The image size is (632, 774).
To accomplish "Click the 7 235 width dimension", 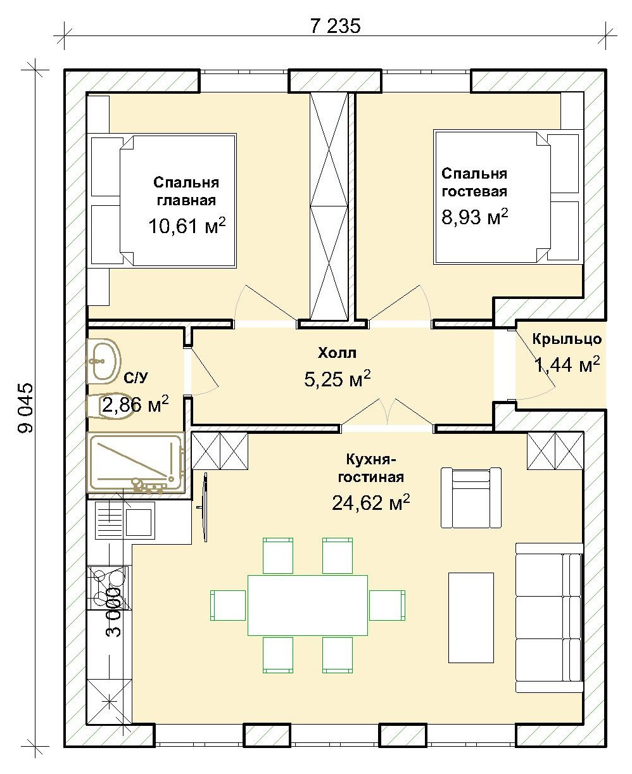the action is (x=335, y=27).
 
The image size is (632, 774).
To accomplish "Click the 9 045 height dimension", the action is (x=26, y=408).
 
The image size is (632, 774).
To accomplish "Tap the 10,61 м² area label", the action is (x=187, y=225).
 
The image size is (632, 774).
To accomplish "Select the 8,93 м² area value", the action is (x=474, y=217).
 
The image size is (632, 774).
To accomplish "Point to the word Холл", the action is (x=337, y=353).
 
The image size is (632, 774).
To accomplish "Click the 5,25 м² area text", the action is (x=338, y=378).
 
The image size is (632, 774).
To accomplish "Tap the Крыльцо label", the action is (x=567, y=339).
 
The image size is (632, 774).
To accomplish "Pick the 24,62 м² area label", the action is (x=370, y=502).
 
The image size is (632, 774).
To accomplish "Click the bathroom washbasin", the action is (x=103, y=361).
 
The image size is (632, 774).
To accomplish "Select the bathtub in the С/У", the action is (x=136, y=463).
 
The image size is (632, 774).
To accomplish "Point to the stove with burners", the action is (x=108, y=588).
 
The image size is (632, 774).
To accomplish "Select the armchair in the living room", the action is (x=471, y=498).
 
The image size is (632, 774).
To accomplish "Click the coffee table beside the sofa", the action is (x=471, y=618).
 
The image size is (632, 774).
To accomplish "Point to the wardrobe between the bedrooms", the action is (x=329, y=206).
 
